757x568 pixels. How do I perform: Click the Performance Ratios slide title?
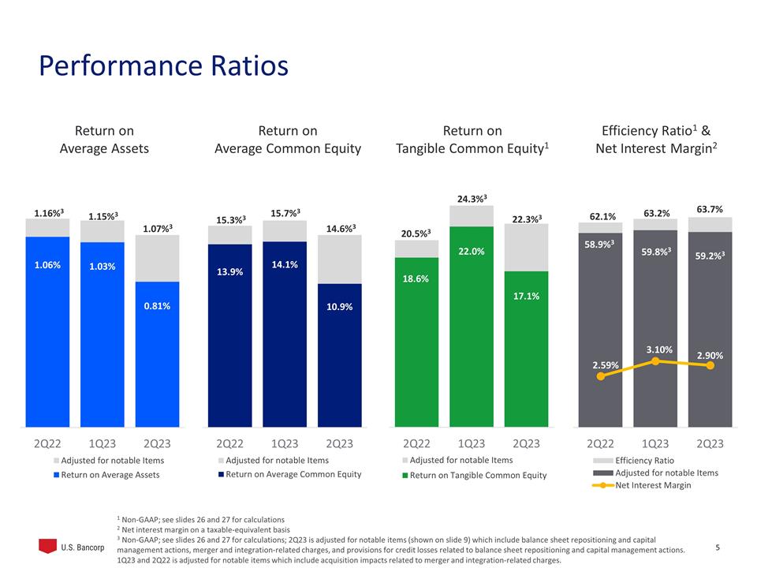point(163,66)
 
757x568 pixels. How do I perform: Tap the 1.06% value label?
point(47,266)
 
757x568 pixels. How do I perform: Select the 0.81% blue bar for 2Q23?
point(157,355)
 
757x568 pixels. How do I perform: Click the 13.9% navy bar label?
point(229,271)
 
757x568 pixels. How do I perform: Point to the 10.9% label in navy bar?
point(339,305)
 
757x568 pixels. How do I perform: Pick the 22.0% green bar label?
point(472,251)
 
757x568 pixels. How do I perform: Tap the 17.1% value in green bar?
point(526,295)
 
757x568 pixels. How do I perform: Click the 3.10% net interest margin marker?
point(656,361)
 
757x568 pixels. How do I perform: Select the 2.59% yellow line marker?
point(602,376)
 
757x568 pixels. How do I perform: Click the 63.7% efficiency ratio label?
point(710,208)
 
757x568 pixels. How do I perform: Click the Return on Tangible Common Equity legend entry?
point(474,475)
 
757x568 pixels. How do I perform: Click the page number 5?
point(717,547)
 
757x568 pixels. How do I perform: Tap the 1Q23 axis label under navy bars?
point(285,443)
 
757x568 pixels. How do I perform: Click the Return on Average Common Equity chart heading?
point(288,139)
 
